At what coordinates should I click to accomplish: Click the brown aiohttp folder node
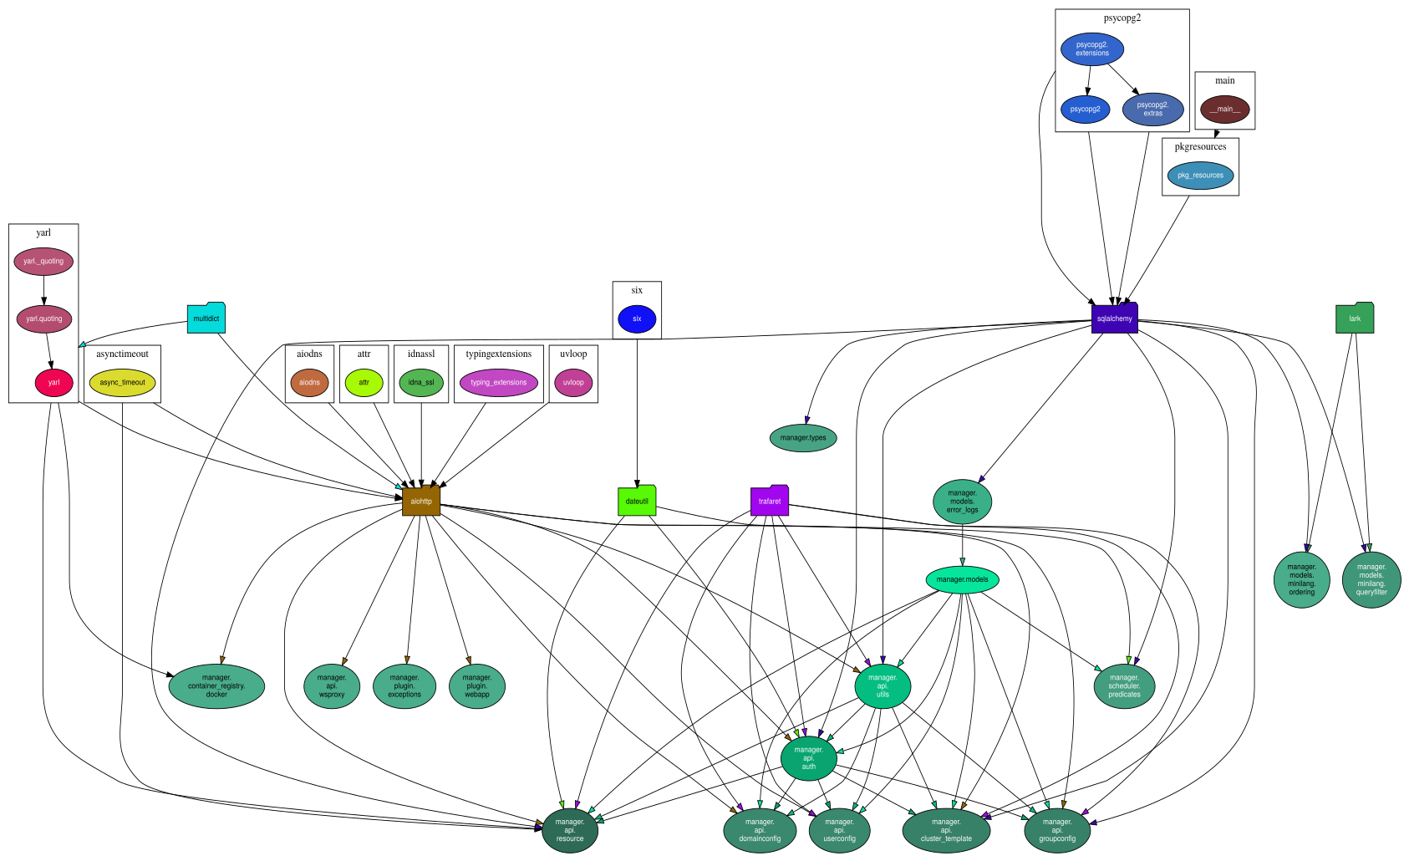pyautogui.click(x=421, y=501)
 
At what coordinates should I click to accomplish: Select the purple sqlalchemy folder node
pyautogui.click(x=1115, y=318)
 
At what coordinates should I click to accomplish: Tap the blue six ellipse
pyautogui.click(x=637, y=318)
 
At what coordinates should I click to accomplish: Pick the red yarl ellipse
pyautogui.click(x=53, y=383)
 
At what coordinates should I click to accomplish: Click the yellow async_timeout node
pyautogui.click(x=122, y=383)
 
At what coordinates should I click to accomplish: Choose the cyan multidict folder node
pyautogui.click(x=206, y=318)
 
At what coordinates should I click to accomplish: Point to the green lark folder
pyautogui.click(x=1355, y=318)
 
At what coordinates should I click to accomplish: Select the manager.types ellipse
pyautogui.click(x=803, y=438)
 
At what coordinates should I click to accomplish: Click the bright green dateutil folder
pyautogui.click(x=637, y=501)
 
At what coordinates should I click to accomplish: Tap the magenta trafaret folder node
pyautogui.click(x=770, y=501)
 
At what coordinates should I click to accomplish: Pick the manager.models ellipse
pyautogui.click(x=962, y=579)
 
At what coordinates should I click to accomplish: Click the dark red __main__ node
pyautogui.click(x=1225, y=110)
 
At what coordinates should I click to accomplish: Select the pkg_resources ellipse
pyautogui.click(x=1200, y=176)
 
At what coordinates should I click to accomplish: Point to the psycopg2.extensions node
pyautogui.click(x=1091, y=49)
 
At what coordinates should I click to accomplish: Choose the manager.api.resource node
pyautogui.click(x=570, y=830)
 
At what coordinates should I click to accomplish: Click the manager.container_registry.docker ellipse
pyautogui.click(x=217, y=686)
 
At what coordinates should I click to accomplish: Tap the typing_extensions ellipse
pyautogui.click(x=498, y=383)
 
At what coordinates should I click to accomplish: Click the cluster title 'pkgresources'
pyautogui.click(x=1200, y=147)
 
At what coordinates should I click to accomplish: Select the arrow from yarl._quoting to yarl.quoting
pyautogui.click(x=43, y=290)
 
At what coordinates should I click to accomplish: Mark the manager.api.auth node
pyautogui.click(x=809, y=758)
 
